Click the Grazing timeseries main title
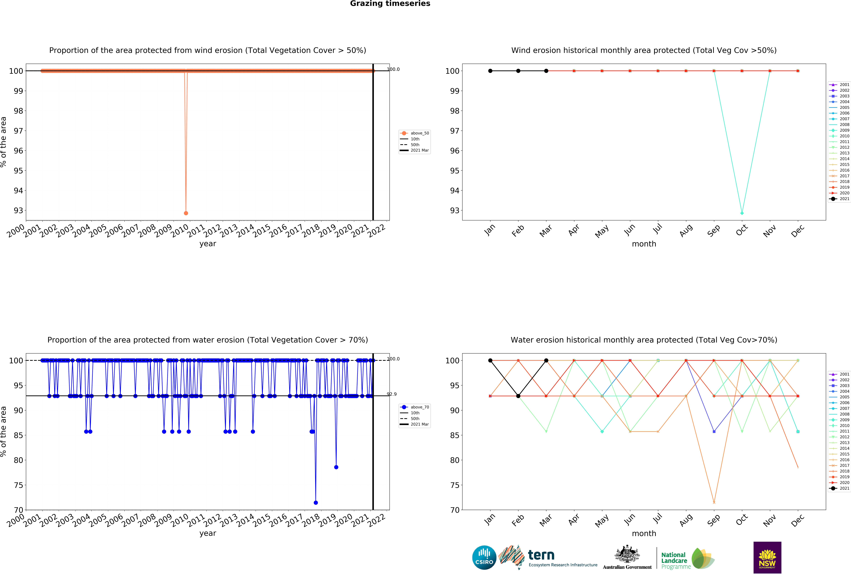coord(390,4)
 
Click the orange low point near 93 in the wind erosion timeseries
coord(186,213)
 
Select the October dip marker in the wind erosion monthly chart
coord(742,213)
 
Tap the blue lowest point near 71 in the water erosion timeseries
coord(316,503)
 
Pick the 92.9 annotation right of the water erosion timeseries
coord(392,394)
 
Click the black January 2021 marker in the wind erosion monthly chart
coord(490,71)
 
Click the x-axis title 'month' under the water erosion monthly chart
coord(644,534)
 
